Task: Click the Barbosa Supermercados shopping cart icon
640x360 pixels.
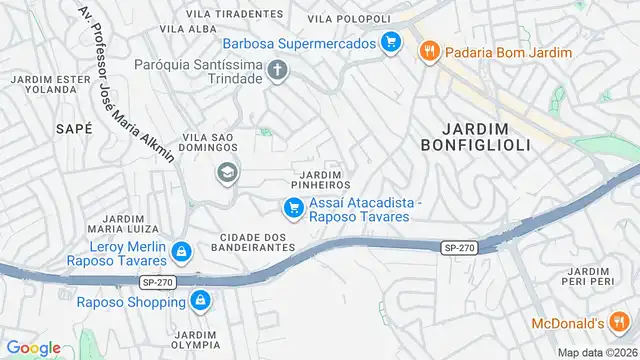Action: tap(391, 43)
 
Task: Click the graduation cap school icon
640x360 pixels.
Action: tap(227, 173)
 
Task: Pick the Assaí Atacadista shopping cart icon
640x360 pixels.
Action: tap(293, 208)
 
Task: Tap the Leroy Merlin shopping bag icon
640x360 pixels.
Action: tap(182, 252)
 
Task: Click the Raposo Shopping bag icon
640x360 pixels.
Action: tap(200, 300)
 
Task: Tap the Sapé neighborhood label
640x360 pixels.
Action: tap(75, 128)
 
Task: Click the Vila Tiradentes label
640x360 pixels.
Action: tap(234, 14)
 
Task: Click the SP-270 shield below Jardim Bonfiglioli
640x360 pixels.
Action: tap(457, 246)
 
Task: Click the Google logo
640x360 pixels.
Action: tap(33, 347)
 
